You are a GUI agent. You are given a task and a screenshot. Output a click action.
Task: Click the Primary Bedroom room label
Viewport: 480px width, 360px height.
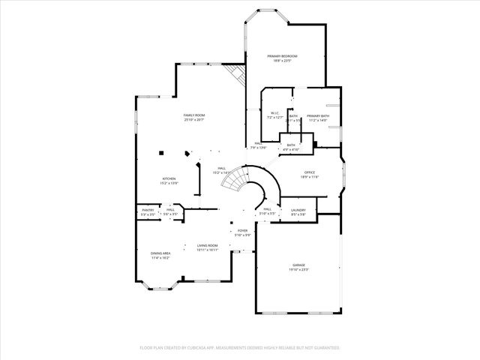click(x=283, y=56)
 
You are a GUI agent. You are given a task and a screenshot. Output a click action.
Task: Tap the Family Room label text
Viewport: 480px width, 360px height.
click(x=194, y=115)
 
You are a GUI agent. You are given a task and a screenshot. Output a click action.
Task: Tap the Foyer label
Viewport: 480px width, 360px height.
click(x=243, y=230)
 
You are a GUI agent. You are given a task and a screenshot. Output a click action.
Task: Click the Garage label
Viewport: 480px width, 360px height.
click(x=299, y=265)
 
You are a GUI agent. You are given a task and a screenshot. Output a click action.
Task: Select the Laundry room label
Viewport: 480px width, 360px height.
click(x=298, y=209)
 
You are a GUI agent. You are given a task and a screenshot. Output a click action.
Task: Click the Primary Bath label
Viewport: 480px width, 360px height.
click(x=318, y=115)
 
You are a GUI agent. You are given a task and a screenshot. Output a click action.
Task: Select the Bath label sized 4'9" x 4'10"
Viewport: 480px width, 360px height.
click(x=290, y=145)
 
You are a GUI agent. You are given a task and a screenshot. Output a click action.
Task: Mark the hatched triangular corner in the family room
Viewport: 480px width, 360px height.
click(x=236, y=75)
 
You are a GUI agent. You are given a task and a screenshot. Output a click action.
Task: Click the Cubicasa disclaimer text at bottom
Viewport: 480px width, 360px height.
click(x=239, y=348)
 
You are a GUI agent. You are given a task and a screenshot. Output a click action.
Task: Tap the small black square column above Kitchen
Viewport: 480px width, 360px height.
click(x=161, y=152)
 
